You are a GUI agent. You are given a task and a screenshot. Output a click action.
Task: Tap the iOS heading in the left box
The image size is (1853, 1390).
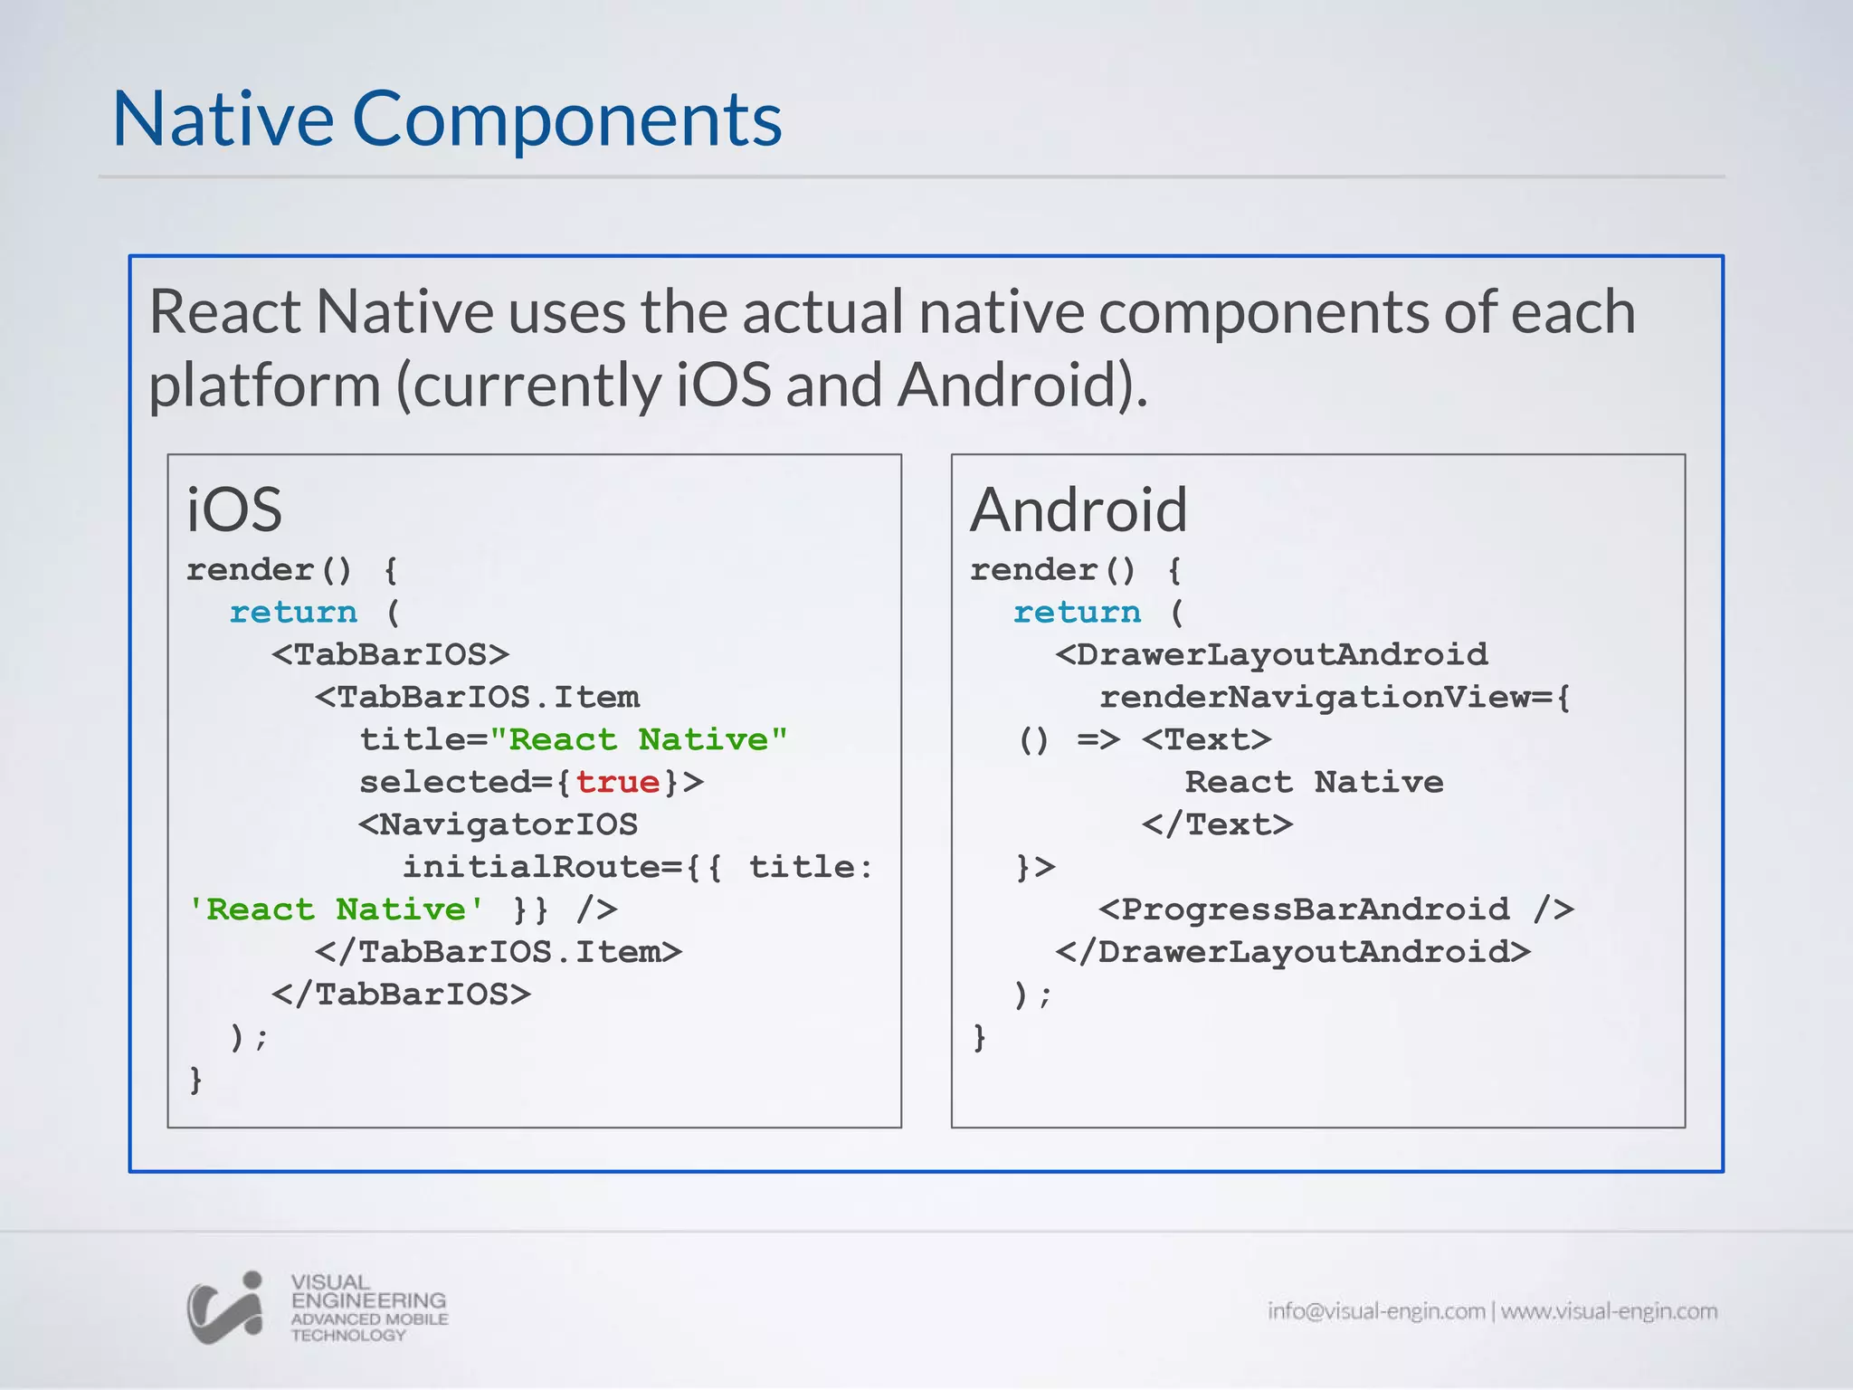(234, 509)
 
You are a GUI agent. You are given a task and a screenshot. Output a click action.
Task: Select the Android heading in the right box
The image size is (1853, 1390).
(1079, 509)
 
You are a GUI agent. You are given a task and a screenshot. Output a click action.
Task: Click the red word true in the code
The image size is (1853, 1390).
(618, 782)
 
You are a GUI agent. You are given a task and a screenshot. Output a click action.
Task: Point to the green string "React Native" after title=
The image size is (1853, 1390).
(638, 739)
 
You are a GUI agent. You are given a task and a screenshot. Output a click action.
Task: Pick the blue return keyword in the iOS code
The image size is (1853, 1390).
(293, 613)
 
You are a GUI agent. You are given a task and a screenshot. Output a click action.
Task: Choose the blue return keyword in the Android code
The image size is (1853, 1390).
(1077, 613)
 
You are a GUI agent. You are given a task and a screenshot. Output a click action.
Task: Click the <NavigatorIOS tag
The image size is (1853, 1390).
(499, 824)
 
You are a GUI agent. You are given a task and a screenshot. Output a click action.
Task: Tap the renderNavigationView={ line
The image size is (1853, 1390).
(1335, 697)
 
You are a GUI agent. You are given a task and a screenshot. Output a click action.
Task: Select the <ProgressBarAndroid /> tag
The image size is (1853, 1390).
(1336, 909)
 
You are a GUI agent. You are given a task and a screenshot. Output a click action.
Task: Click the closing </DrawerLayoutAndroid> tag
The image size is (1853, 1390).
(1293, 951)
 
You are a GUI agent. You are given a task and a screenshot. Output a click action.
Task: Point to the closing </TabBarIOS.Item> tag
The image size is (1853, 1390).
(499, 951)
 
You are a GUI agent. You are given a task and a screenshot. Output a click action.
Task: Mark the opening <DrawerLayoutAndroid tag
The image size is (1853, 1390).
(1271, 654)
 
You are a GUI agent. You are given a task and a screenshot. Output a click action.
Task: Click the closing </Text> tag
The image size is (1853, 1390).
(1218, 824)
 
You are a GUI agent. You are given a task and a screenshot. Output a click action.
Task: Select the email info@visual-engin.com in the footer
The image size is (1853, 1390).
(1375, 1311)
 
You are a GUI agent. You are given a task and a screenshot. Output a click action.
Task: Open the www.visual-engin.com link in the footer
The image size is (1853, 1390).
(1609, 1311)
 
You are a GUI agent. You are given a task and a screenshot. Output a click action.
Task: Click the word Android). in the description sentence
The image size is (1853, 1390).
(1022, 385)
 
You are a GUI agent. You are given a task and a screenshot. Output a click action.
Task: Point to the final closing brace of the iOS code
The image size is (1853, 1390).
(195, 1080)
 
